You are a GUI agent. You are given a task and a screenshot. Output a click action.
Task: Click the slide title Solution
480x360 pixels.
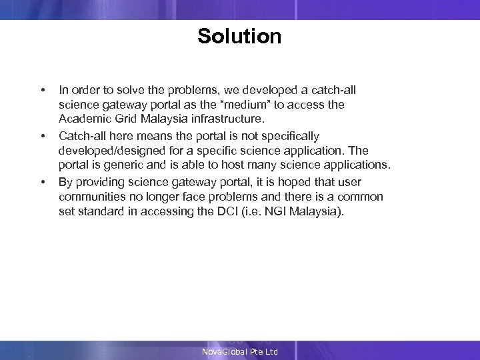(x=239, y=36)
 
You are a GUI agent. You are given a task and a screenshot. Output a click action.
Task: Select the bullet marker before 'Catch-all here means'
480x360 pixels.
(x=43, y=137)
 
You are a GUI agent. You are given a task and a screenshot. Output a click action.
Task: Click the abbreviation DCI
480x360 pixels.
(x=238, y=213)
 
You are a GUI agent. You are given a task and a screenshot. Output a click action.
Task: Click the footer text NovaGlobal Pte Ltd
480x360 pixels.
(x=240, y=351)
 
